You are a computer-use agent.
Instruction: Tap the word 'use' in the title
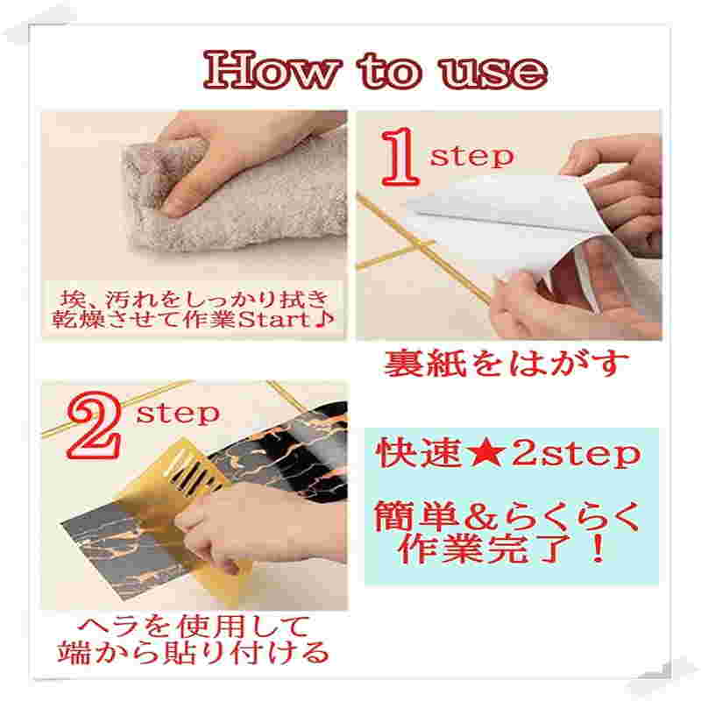(493, 72)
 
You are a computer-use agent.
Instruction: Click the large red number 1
(400, 157)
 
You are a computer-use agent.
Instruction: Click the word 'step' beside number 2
(178, 413)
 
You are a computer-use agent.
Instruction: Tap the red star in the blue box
(487, 453)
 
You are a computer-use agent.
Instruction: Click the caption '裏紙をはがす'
(507, 363)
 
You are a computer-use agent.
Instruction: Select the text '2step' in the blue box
(576, 454)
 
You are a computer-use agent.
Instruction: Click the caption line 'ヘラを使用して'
(194, 627)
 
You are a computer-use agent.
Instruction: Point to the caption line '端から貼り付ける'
(194, 652)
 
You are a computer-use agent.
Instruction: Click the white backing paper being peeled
(500, 223)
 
